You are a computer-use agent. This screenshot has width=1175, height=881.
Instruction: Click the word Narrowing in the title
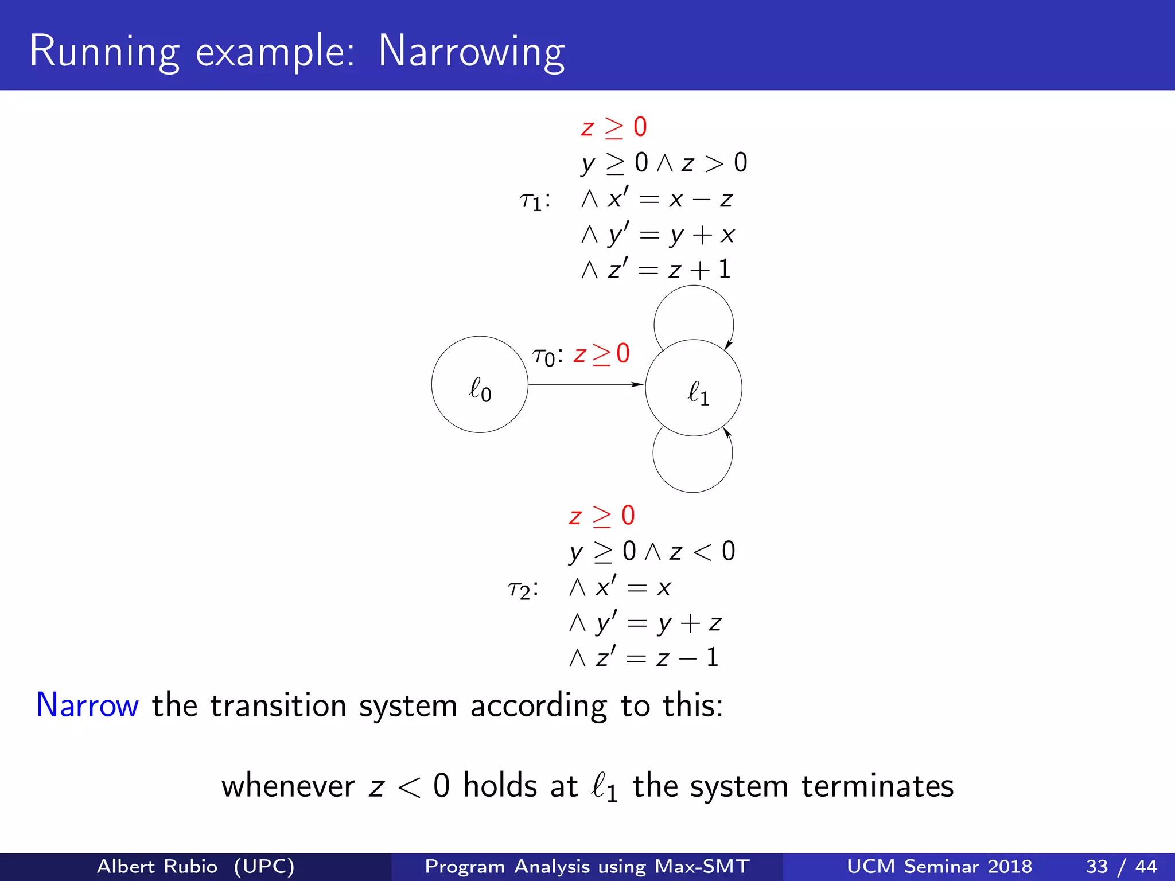pyautogui.click(x=471, y=52)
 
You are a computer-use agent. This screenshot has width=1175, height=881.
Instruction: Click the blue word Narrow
pyautogui.click(x=87, y=705)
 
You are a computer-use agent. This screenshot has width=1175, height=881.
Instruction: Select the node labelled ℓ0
pyautogui.click(x=480, y=385)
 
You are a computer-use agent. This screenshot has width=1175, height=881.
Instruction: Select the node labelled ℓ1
pyautogui.click(x=694, y=388)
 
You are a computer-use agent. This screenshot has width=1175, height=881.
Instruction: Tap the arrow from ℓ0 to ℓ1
pyautogui.click(x=585, y=384)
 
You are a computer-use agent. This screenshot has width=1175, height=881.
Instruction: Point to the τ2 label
pyautogui.click(x=523, y=589)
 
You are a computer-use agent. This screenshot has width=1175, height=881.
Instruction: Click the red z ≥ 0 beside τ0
pyautogui.click(x=601, y=354)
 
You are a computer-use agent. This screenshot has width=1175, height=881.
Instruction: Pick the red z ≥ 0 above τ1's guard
pyautogui.click(x=613, y=127)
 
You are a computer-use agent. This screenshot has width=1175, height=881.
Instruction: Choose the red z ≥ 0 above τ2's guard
pyautogui.click(x=601, y=516)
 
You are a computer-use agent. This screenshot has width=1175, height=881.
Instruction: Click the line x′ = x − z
pyautogui.click(x=657, y=199)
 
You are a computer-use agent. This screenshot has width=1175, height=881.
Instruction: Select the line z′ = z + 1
pyautogui.click(x=656, y=270)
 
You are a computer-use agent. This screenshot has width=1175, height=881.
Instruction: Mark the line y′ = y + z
pyautogui.click(x=645, y=623)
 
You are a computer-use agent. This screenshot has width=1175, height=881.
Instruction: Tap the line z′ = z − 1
pyautogui.click(x=644, y=658)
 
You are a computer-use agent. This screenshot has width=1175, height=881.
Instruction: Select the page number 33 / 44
pyautogui.click(x=1121, y=866)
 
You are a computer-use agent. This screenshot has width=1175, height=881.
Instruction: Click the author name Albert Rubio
pyautogui.click(x=157, y=866)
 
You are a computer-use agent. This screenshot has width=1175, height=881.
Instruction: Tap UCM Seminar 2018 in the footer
pyautogui.click(x=939, y=866)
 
